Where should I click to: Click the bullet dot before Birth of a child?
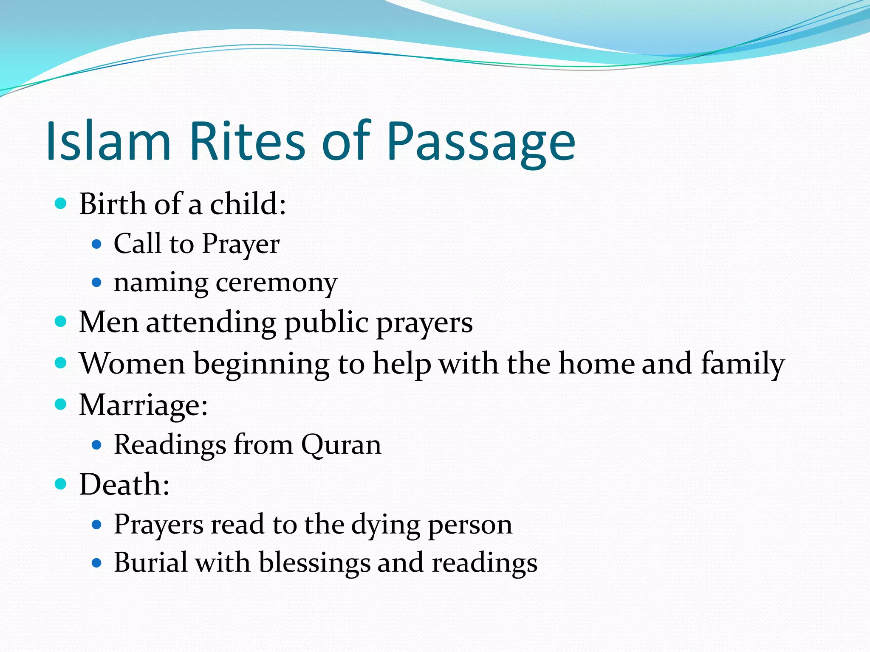[x=61, y=204]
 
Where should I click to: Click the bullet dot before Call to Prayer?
[x=97, y=244]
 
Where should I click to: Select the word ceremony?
[x=277, y=283]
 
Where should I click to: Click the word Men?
[x=109, y=322]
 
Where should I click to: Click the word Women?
[x=133, y=363]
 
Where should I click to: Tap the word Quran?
[x=341, y=445]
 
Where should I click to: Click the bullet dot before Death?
[x=61, y=484]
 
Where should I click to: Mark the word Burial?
[x=150, y=562]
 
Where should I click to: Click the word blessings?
[x=314, y=563]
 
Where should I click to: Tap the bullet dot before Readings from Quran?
[x=97, y=445]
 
